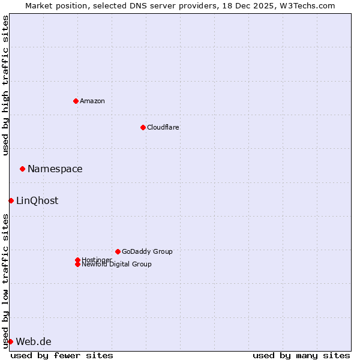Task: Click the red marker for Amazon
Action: click(x=76, y=101)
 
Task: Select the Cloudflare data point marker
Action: click(x=143, y=127)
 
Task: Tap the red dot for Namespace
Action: click(x=22, y=169)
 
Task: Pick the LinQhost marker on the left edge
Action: click(x=11, y=200)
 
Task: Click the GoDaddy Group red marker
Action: click(x=118, y=251)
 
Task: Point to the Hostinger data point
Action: click(x=77, y=260)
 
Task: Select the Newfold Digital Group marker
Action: click(x=77, y=265)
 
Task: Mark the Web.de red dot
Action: click(x=10, y=341)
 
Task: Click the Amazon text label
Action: click(x=92, y=101)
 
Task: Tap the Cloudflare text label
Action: click(x=163, y=127)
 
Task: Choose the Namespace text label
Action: click(x=55, y=169)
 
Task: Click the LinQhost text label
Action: click(x=37, y=200)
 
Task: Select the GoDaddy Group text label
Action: click(x=147, y=251)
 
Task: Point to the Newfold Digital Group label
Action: click(x=117, y=265)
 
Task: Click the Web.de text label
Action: click(x=34, y=341)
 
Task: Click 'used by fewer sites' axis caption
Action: click(x=62, y=355)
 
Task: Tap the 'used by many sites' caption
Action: click(x=301, y=355)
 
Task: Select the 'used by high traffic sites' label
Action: click(x=5, y=85)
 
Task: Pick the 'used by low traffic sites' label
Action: click(x=5, y=281)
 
